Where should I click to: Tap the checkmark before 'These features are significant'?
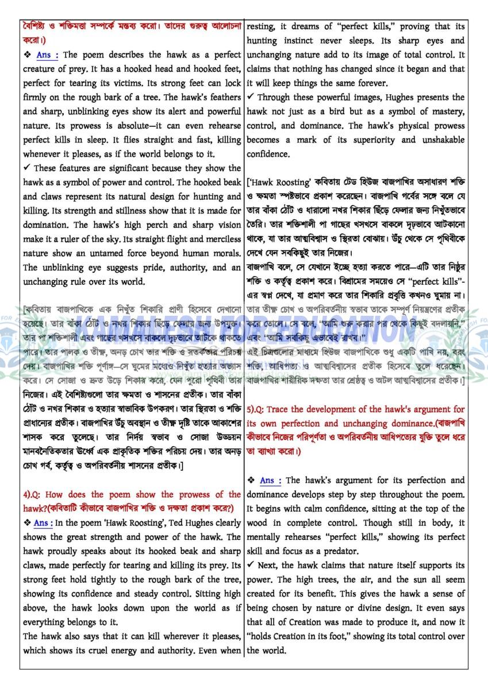[26, 168]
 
